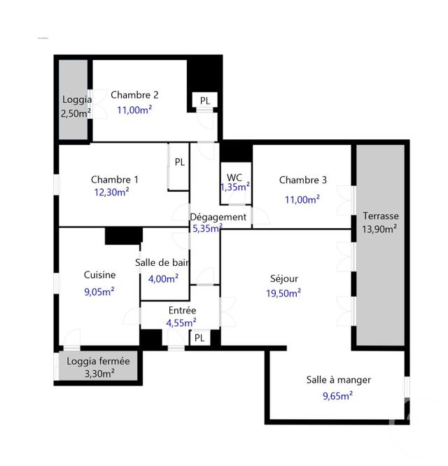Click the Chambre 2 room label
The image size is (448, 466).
[x=134, y=95]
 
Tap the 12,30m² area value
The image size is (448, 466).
[x=111, y=191]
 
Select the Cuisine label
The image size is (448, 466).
[x=99, y=275]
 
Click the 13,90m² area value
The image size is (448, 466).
[x=380, y=229]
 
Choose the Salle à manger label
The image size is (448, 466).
[x=338, y=380]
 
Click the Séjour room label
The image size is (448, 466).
[x=283, y=278]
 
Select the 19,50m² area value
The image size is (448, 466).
[x=283, y=292]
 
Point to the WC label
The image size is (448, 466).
[x=234, y=175]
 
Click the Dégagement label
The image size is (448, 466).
[x=218, y=217]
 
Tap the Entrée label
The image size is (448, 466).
[x=183, y=310]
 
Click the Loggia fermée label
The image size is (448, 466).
[x=98, y=362]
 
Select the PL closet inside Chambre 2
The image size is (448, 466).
[x=204, y=101]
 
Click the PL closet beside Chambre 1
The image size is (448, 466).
[x=179, y=162]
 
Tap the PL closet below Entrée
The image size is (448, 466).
[x=199, y=338]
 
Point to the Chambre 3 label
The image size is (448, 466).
[x=303, y=180]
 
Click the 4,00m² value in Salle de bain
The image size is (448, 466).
[x=163, y=278]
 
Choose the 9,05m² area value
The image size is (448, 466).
[x=99, y=292]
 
